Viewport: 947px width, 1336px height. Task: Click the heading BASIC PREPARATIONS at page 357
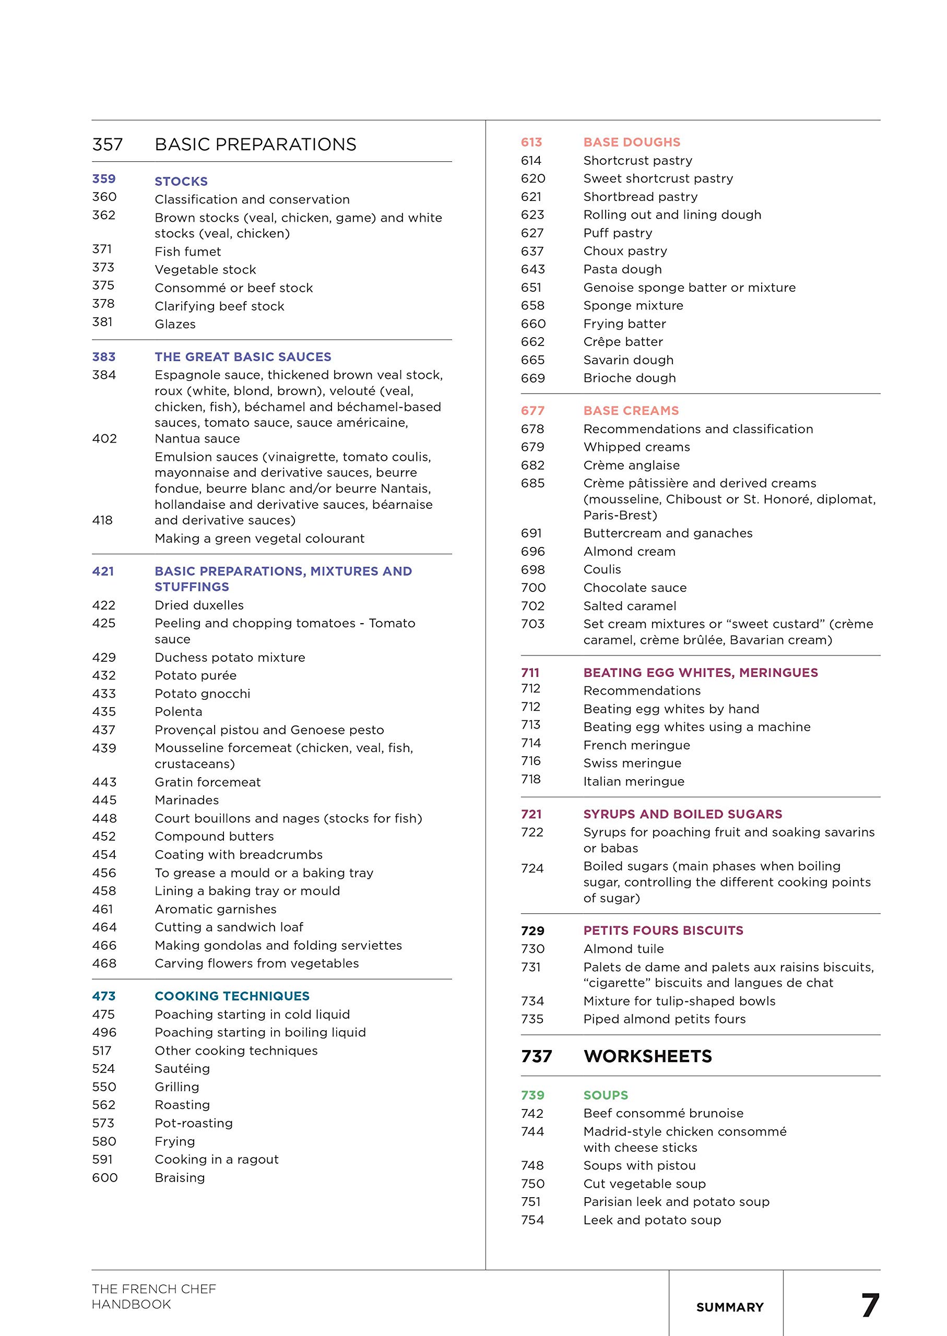(x=255, y=145)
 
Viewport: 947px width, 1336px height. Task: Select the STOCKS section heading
(x=181, y=181)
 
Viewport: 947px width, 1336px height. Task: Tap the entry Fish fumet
(x=188, y=252)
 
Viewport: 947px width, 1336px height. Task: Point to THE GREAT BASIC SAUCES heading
(x=243, y=357)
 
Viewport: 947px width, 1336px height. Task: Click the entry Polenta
(x=179, y=712)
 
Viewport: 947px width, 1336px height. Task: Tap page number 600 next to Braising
(x=105, y=1177)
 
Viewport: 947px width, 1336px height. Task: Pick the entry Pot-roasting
(x=194, y=1123)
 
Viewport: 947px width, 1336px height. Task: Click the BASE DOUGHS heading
(x=632, y=142)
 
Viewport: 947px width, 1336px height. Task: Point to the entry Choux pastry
(x=625, y=251)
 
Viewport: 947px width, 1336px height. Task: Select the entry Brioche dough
(x=629, y=378)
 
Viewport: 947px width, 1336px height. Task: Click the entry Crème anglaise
(x=631, y=465)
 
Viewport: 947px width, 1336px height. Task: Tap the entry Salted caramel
(x=630, y=606)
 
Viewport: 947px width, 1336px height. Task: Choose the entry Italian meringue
(x=633, y=782)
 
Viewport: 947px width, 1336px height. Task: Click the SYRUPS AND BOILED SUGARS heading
(x=682, y=814)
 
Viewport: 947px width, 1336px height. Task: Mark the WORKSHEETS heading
(x=647, y=1056)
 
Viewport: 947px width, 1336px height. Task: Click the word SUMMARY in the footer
(x=729, y=1307)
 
